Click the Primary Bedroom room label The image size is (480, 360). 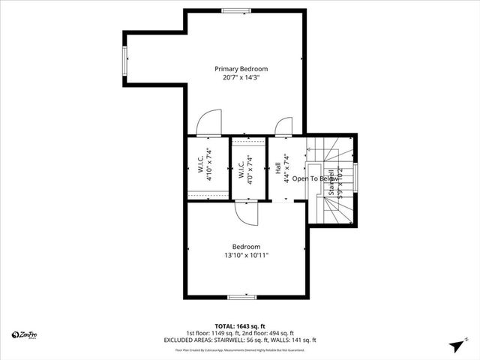pyautogui.click(x=241, y=68)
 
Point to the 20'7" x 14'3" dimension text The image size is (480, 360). pyautogui.click(x=241, y=77)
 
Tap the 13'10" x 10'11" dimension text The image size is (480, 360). pyautogui.click(x=246, y=256)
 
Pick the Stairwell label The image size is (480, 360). pyautogui.click(x=331, y=181)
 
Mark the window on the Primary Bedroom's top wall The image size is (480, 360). pyautogui.click(x=236, y=10)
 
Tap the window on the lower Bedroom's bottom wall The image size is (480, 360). pyautogui.click(x=242, y=297)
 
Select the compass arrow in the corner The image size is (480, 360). pyautogui.click(x=454, y=345)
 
